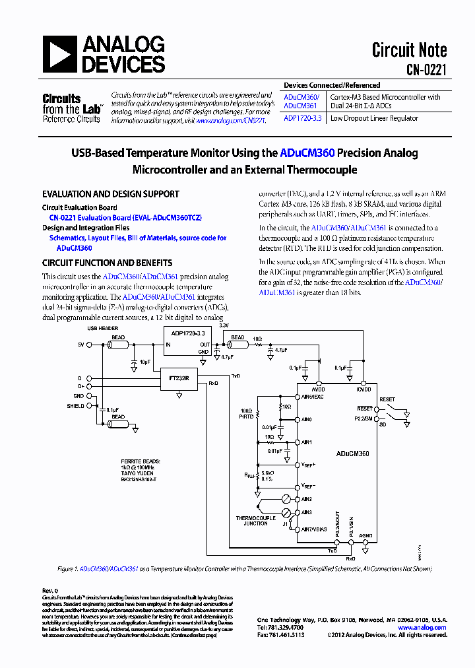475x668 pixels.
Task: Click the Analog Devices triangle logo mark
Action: [x=60, y=55]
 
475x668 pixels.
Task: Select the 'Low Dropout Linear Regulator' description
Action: [x=374, y=118]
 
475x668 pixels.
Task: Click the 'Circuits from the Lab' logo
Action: [x=71, y=108]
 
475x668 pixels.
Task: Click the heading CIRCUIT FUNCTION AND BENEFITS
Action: [x=108, y=262]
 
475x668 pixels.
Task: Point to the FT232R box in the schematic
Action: [x=179, y=379]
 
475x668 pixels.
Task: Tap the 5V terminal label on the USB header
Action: [x=81, y=345]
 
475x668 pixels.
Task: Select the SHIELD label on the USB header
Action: [x=75, y=406]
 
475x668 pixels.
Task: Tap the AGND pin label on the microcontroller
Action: [x=365, y=535]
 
